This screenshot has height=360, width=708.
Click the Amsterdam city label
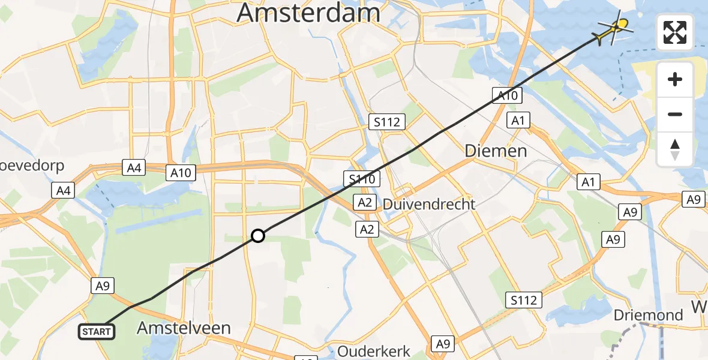pos(308,12)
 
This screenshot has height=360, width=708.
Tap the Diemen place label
pos(496,151)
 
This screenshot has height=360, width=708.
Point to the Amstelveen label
pos(184,328)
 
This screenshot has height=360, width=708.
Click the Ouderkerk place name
pos(373,351)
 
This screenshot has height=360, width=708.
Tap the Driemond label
pos(649,315)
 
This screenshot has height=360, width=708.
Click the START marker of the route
pos(96,331)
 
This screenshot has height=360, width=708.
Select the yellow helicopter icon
pos(616,28)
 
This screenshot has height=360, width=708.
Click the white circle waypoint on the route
pos(257,236)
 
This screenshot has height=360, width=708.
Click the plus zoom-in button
pos(675,79)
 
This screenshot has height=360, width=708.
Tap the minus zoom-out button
pos(675,114)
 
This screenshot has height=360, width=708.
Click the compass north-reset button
pos(675,149)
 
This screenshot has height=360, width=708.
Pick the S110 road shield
pos(359,178)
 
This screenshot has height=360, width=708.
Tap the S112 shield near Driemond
pos(524,299)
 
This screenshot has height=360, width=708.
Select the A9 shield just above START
pos(102,286)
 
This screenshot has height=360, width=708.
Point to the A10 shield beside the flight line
pos(508,94)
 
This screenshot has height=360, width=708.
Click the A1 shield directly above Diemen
pos(518,120)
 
